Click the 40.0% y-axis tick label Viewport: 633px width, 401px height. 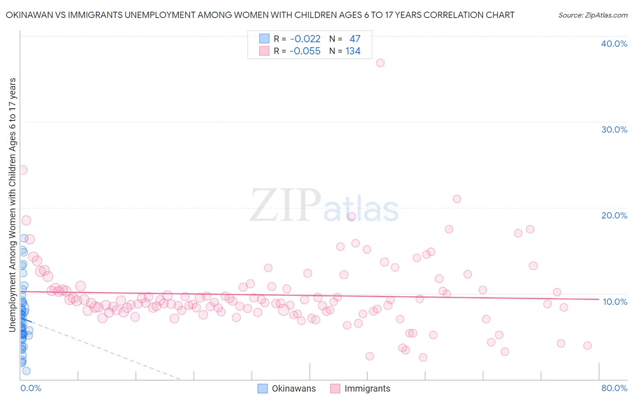[614, 44]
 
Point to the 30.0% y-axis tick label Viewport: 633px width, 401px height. [614, 129]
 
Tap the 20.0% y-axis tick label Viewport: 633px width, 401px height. [614, 215]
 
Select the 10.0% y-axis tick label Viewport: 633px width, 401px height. [615, 302]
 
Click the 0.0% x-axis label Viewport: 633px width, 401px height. [31, 388]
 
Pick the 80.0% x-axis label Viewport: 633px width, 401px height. [614, 388]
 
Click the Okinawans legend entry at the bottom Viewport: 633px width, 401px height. [294, 389]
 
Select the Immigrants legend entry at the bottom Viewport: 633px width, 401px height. [367, 389]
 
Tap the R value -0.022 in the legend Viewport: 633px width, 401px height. [305, 39]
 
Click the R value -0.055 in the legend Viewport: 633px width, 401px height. [305, 51]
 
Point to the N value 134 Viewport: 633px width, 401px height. [353, 51]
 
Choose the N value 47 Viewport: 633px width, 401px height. [355, 39]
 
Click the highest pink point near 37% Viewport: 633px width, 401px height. [380, 63]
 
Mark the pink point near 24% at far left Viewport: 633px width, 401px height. [23, 170]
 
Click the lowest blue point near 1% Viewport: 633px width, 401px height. [26, 371]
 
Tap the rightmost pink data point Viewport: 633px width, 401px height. [587, 346]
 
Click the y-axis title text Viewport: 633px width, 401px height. [12, 205]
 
